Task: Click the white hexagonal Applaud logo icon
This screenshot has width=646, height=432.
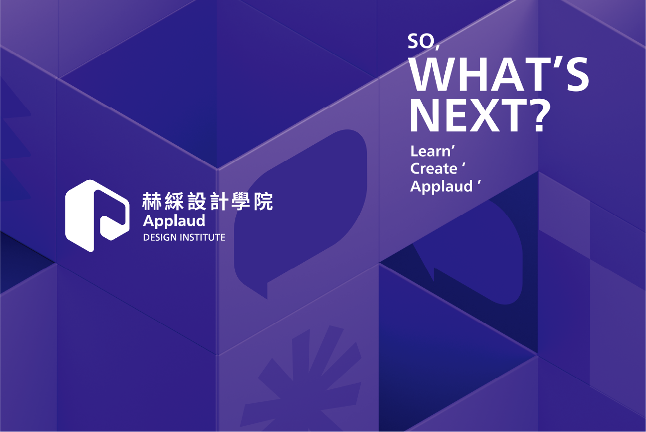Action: point(97,216)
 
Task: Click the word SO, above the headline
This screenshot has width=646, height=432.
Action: point(423,42)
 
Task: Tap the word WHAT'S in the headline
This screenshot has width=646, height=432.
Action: point(499,75)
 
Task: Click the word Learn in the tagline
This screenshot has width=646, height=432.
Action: point(430,152)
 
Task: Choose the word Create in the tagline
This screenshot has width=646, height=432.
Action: point(434,169)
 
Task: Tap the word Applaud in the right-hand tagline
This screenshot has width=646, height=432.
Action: point(441,186)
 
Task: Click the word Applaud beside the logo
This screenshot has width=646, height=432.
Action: point(174,221)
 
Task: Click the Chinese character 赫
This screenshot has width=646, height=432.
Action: point(152,201)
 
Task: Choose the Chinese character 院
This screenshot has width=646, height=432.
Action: point(263,201)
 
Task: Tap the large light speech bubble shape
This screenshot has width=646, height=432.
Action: point(300,211)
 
